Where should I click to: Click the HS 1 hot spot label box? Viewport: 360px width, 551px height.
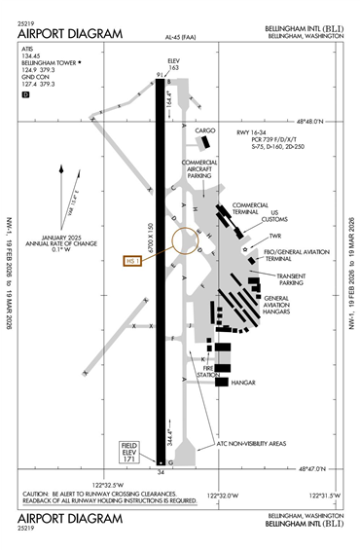coord(133,261)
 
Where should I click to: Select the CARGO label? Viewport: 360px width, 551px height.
coord(205,129)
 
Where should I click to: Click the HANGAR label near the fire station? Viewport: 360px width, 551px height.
coord(242,383)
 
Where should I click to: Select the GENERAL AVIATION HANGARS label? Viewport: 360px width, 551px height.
coord(285,306)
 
